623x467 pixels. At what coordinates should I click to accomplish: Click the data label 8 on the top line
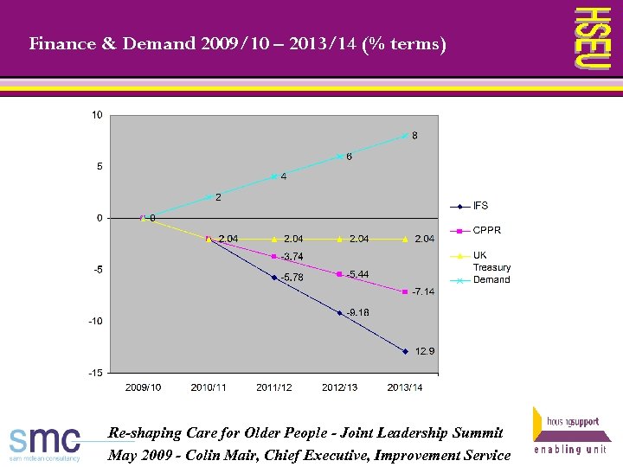tap(414, 136)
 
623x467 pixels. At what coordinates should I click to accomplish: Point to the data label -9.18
tap(358, 312)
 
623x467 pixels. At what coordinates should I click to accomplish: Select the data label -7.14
tap(423, 291)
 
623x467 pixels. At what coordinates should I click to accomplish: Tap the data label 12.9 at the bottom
tap(425, 351)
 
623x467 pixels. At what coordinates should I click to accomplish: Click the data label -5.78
tap(292, 278)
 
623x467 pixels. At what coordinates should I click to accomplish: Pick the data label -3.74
tap(292, 256)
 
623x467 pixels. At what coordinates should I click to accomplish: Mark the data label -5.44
tap(357, 274)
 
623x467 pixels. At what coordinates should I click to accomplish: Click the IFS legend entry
tap(480, 206)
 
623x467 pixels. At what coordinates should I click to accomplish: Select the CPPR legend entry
tap(486, 230)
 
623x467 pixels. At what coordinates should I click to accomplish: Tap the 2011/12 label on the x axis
tap(273, 387)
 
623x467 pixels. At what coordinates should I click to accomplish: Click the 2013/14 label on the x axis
tap(405, 387)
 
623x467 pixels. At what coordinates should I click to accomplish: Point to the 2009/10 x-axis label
tap(143, 387)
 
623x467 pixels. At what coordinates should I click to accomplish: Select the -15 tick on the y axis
tap(95, 373)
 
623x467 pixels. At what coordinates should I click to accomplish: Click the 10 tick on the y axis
tap(97, 115)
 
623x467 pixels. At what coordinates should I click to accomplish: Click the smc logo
tap(45, 441)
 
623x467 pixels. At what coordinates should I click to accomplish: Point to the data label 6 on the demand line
tap(349, 157)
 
